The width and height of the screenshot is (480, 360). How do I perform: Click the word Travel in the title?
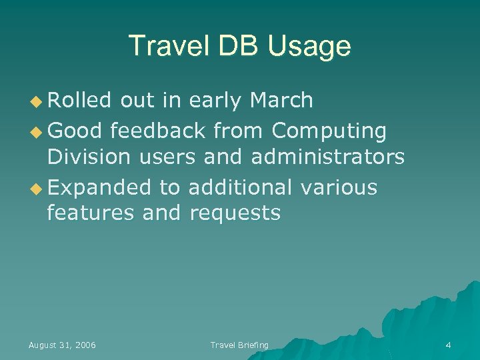click(x=167, y=46)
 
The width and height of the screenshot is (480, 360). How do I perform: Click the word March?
click(x=280, y=100)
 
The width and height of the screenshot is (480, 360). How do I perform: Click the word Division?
click(x=89, y=157)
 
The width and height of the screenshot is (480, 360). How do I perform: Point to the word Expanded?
click(x=99, y=188)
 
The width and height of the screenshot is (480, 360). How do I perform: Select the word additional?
click(x=240, y=187)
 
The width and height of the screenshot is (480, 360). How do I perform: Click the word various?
click(x=339, y=187)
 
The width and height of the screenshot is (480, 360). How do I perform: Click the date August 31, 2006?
click(x=62, y=345)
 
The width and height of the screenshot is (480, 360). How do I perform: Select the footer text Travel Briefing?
click(x=239, y=345)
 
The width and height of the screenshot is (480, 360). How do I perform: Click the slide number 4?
click(x=448, y=345)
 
